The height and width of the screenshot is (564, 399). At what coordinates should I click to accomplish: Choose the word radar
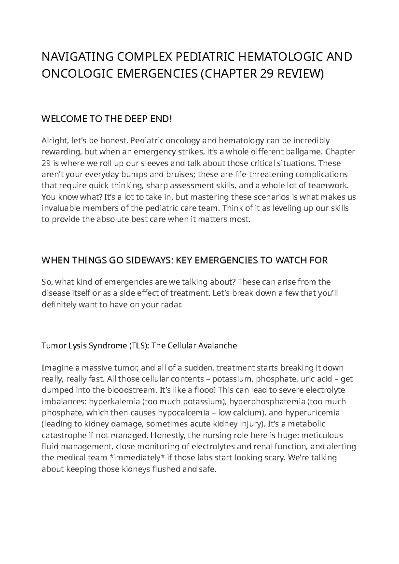click(173, 305)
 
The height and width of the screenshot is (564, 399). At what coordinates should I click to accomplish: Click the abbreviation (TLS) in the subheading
click(139, 346)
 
